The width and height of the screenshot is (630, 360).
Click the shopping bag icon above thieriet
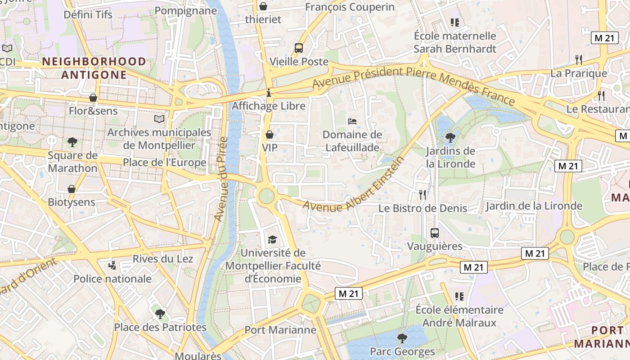pyautogui.click(x=263, y=6)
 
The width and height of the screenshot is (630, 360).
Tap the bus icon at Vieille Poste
pyautogui.click(x=298, y=48)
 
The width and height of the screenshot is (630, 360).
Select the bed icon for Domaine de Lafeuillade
pyautogui.click(x=352, y=121)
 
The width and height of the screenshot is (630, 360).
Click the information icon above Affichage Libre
pyautogui.click(x=269, y=93)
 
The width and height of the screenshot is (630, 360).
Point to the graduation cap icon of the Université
pyautogui.click(x=273, y=239)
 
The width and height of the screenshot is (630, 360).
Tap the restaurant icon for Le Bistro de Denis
pyautogui.click(x=423, y=194)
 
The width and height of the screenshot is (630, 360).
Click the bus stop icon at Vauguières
pyautogui.click(x=435, y=233)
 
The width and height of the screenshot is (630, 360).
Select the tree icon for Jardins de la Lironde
pyautogui.click(x=450, y=138)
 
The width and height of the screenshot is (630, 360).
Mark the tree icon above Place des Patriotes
pyautogui.click(x=160, y=314)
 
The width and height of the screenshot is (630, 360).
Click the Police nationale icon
pyautogui.click(x=112, y=265)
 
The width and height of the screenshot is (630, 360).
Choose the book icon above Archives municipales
pyautogui.click(x=159, y=119)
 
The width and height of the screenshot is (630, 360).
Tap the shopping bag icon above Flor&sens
pyautogui.click(x=93, y=98)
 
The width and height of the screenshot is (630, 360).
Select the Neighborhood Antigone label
pyautogui.click(x=94, y=68)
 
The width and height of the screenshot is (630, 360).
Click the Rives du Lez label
pyautogui.click(x=163, y=259)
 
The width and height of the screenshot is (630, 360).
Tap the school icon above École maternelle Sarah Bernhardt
pyautogui.click(x=454, y=22)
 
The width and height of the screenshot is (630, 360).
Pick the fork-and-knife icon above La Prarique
pyautogui.click(x=579, y=59)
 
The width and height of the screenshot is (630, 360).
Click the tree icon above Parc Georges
pyautogui.click(x=402, y=338)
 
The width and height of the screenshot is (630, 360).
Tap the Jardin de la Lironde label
pyautogui.click(x=534, y=206)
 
